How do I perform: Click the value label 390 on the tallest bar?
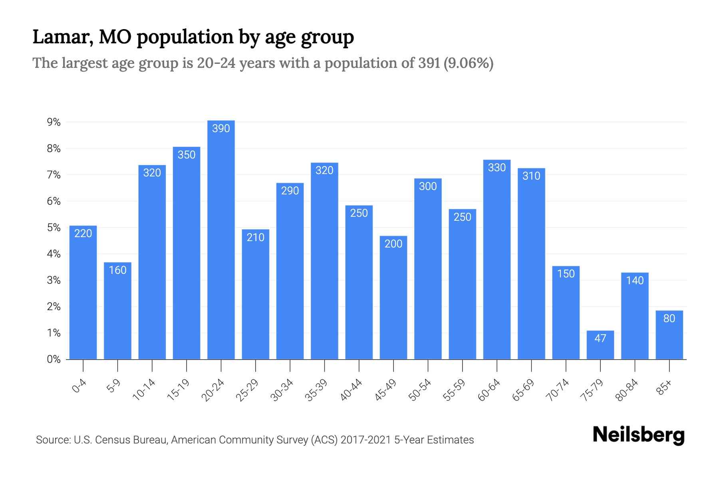221,129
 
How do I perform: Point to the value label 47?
600,338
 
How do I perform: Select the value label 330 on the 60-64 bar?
497,168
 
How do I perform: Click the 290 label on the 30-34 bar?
290,191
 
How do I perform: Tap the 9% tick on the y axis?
54,122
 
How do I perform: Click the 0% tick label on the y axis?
54,359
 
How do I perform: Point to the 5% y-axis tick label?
54,228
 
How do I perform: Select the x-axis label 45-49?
386,390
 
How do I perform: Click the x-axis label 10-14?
144,390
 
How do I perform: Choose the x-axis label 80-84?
627,390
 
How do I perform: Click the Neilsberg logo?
638,435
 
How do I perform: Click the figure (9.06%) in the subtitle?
468,63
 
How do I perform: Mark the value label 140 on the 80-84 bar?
635,281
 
